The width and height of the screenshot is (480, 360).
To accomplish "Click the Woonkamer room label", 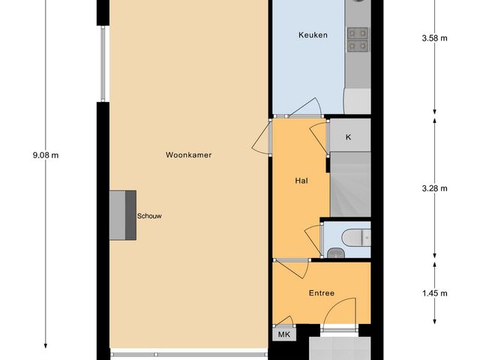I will tap(188, 155).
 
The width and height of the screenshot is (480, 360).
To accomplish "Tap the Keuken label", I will tap(313, 35).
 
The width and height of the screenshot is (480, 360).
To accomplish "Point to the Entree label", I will tap(320, 293).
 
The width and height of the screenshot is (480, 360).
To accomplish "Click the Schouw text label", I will tap(149, 216).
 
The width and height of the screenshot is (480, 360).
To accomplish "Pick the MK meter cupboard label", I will tap(283, 334).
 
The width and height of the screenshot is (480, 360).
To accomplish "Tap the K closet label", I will tap(348, 138).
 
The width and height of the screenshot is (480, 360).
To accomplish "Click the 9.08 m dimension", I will tap(46, 155).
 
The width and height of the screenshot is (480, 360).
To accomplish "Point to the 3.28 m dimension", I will tap(435, 188).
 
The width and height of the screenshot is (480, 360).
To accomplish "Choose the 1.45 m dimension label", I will tap(435, 293).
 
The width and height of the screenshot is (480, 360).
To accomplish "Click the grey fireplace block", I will tap(122, 215).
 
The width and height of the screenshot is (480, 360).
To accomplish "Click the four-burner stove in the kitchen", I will tap(357, 39).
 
